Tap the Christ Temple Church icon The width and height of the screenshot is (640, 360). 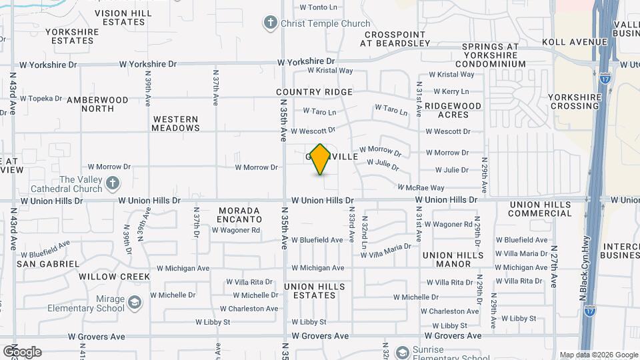[x=271, y=23]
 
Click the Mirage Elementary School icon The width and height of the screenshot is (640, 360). [x=135, y=303]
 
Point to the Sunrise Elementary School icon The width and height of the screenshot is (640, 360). [x=403, y=351]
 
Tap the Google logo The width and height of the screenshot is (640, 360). [x=22, y=352]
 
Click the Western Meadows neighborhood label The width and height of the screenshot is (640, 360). [x=176, y=123]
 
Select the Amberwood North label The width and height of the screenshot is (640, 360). [x=97, y=104]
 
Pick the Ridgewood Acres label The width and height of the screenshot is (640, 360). [x=453, y=110]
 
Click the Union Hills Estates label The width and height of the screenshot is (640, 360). [x=315, y=291]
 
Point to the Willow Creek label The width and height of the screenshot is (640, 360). [x=114, y=276]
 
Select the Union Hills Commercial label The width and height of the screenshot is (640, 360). [x=540, y=209]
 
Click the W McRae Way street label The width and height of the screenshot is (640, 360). [x=421, y=188]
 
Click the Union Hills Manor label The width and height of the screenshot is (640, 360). [x=453, y=259]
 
